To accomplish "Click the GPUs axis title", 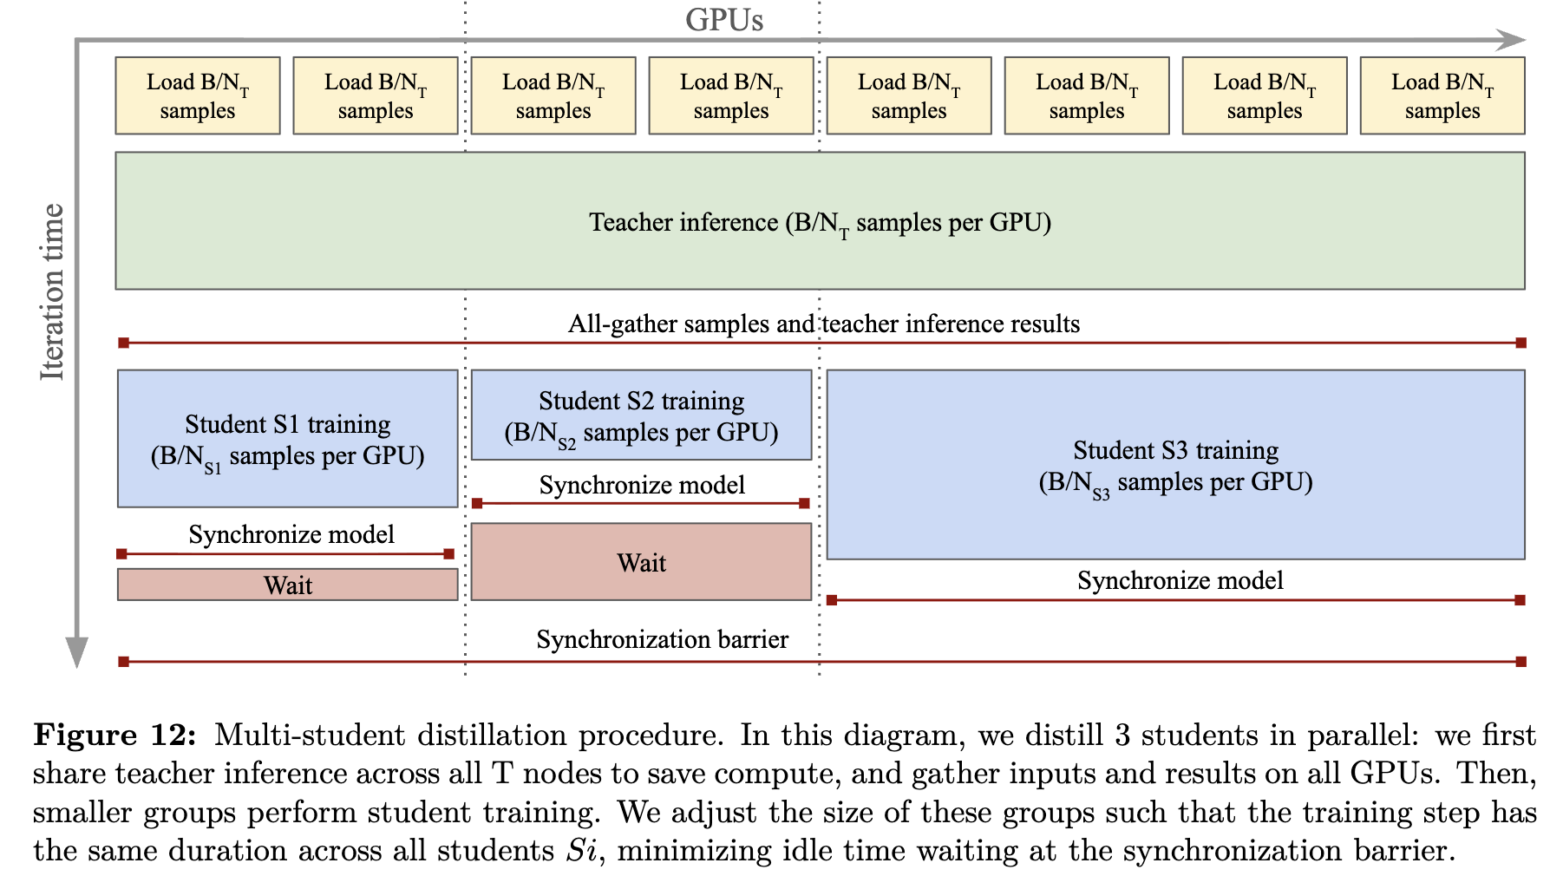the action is click(x=724, y=20).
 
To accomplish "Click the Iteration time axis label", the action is click(x=52, y=292).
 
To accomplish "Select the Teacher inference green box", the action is click(x=820, y=221).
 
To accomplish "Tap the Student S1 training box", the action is click(x=288, y=439).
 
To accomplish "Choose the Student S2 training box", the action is click(x=642, y=415).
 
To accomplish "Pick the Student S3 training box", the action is click(x=1176, y=465).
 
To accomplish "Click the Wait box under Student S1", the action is click(x=288, y=585).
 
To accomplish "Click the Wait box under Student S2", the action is click(x=642, y=562).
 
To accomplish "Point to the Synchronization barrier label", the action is click(x=663, y=640).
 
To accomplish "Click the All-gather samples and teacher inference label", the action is click(x=824, y=324).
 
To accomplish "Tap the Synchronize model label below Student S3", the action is click(x=1180, y=580).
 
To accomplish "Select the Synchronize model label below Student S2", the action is click(x=642, y=485).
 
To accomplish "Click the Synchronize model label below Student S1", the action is click(x=291, y=534).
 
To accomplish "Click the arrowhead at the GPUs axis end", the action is click(x=1514, y=40).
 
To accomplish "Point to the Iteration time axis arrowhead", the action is click(x=77, y=652).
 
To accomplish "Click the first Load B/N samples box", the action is click(x=198, y=95).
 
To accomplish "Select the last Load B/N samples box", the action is click(x=1442, y=95).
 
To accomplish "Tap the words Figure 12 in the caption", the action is click(x=115, y=735).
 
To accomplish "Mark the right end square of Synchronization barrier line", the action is click(x=1520, y=662).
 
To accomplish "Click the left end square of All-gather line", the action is click(x=124, y=343).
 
